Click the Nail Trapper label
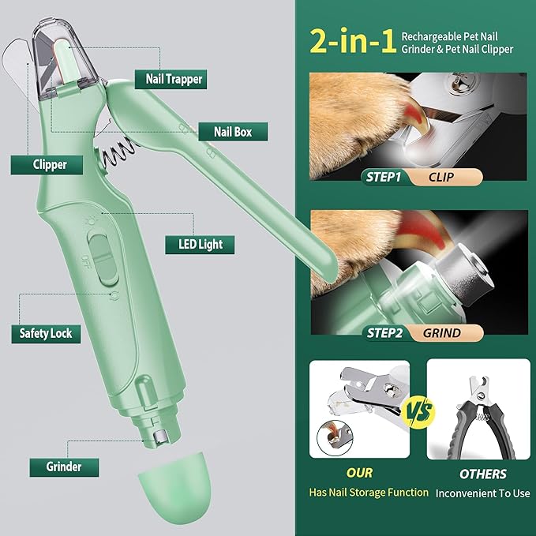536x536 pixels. pyautogui.click(x=174, y=78)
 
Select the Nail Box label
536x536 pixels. pyautogui.click(x=233, y=132)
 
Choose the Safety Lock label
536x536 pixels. pyautogui.click(x=46, y=333)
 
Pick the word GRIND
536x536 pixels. pyautogui.click(x=442, y=332)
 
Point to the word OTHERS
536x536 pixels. pyautogui.click(x=482, y=474)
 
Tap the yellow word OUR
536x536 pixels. pyautogui.click(x=361, y=474)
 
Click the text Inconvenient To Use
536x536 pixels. pyautogui.click(x=482, y=493)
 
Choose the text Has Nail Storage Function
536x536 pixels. pyautogui.click(x=369, y=493)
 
